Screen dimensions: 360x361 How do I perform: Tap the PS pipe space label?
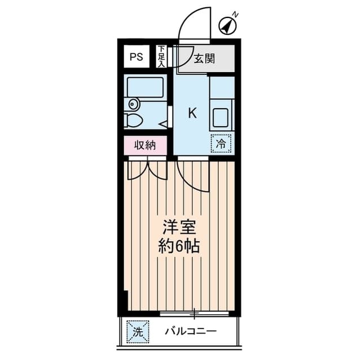pos(137,57)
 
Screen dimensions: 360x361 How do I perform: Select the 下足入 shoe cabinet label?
pos(161,56)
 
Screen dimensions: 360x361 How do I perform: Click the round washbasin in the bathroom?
pos(134,104)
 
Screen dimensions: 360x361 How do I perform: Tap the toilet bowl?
pos(135,120)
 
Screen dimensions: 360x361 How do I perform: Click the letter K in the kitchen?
pos(192,113)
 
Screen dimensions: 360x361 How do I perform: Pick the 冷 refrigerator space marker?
pos(222,144)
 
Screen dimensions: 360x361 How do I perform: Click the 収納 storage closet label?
pos(144,145)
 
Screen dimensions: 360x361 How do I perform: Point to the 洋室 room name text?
pos(179,228)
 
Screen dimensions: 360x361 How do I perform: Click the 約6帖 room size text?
pos(179,246)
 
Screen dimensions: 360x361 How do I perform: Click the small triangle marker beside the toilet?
pos(162,123)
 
